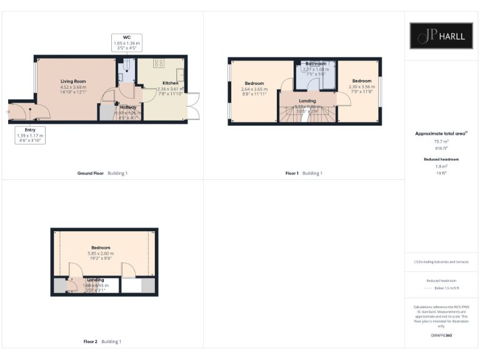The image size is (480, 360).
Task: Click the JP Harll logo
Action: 441,36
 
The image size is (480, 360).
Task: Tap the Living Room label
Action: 73,82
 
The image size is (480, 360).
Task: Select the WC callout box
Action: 127,42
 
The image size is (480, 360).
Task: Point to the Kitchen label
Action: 171,83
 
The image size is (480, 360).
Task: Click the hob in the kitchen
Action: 158,63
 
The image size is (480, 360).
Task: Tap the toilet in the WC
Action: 127,65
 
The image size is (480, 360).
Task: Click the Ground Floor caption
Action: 90,173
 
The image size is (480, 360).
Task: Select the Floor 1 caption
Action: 292,173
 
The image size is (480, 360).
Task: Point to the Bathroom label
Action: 316,64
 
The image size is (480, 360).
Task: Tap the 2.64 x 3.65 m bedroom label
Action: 254,84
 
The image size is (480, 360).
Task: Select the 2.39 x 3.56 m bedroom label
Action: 361,81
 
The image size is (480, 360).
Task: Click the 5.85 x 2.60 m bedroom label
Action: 101,247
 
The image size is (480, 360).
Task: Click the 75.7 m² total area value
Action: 441,142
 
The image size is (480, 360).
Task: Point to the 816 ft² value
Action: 441,148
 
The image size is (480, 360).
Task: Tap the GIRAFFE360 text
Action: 441,336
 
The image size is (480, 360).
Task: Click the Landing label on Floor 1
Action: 307,101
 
